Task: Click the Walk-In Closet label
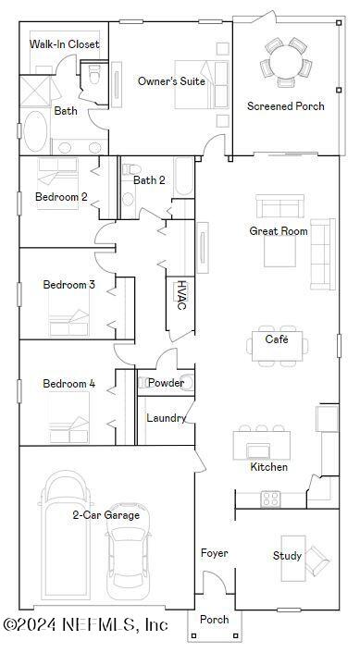64,44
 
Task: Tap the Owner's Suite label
171,81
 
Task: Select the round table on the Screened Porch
285,63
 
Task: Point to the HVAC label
181,293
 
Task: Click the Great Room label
278,231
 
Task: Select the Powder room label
166,383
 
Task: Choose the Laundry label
167,418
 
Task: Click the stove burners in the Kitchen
270,499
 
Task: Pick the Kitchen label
268,467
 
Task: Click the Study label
287,556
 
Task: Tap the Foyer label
215,553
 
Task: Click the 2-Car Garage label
106,514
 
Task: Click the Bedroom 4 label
68,384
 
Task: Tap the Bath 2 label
149,179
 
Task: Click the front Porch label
215,620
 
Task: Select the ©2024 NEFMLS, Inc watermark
85,626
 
